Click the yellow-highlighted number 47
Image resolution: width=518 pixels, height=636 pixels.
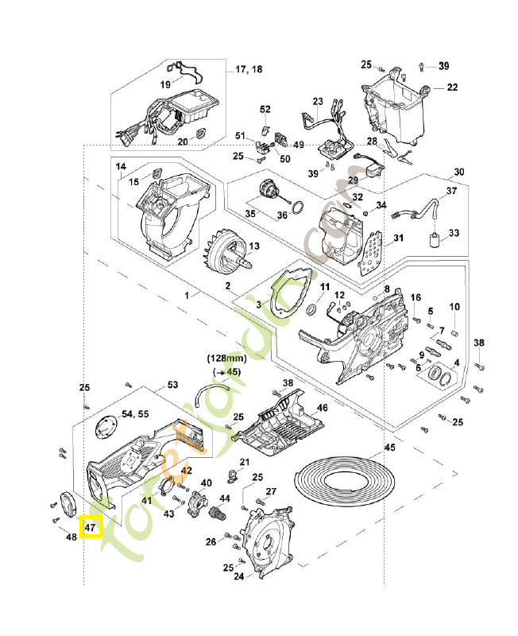tap(90, 527)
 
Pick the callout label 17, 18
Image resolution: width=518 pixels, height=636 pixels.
tap(249, 69)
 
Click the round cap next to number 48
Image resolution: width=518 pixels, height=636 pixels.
tap(66, 504)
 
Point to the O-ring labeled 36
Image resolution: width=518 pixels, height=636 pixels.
tap(296, 209)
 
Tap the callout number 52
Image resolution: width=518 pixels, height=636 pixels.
tap(265, 109)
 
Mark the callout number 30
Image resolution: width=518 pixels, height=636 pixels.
tap(458, 172)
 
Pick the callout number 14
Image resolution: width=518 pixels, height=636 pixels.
tap(121, 167)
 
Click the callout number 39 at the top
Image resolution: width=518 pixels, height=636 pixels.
tap(443, 65)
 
